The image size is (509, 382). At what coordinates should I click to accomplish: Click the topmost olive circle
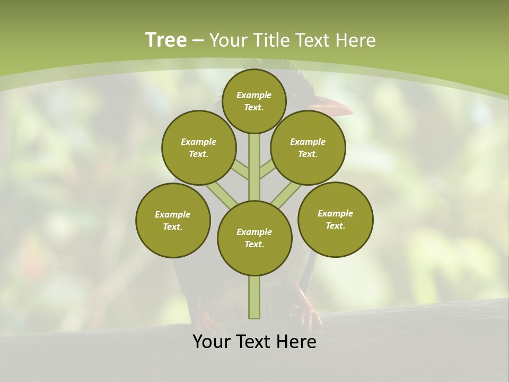coord(254,101)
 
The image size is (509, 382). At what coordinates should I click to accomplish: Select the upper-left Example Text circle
coord(199,147)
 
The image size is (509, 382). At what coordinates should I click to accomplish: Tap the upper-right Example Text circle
coord(308,147)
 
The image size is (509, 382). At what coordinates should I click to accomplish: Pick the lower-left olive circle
coord(173,220)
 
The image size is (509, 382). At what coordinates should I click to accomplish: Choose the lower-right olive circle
coord(335,219)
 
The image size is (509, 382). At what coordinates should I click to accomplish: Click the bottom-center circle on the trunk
coord(254,238)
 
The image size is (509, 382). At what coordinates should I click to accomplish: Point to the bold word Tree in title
coord(166,40)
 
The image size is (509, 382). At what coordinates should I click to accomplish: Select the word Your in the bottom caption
coord(212,342)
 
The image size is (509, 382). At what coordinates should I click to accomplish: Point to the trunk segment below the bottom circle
coord(254,297)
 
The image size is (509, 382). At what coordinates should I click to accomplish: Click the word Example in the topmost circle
coord(254,95)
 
